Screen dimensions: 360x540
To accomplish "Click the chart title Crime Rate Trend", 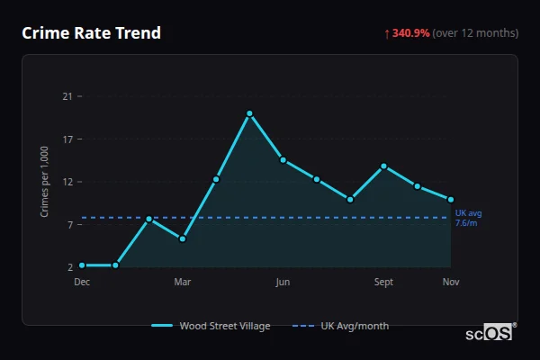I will (x=91, y=33).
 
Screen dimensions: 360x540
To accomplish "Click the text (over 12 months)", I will (x=475, y=33).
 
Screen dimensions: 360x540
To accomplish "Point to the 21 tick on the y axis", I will (x=66, y=96).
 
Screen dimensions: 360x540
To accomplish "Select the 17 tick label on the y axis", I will (x=66, y=139).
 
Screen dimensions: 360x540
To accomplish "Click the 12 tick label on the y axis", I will (x=66, y=182).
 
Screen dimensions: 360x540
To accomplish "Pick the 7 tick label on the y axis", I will (x=68, y=224).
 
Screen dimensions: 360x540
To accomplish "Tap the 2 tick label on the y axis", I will (x=68, y=267).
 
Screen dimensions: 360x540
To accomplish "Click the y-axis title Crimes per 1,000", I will (x=45, y=182).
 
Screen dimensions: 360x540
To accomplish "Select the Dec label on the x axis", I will (x=82, y=283).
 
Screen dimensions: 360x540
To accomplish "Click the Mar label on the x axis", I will (x=183, y=283).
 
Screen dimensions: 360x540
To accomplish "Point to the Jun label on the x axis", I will (x=283, y=283).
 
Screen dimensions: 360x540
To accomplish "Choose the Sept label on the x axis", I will (x=383, y=283).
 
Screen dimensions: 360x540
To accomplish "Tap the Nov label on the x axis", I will (x=451, y=283).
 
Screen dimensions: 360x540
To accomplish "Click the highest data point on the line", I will (x=249, y=113).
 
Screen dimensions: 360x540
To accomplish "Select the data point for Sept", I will (x=383, y=166).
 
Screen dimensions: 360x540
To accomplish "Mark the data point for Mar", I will (x=183, y=238).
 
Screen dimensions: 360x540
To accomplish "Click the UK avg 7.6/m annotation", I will (x=468, y=218).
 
